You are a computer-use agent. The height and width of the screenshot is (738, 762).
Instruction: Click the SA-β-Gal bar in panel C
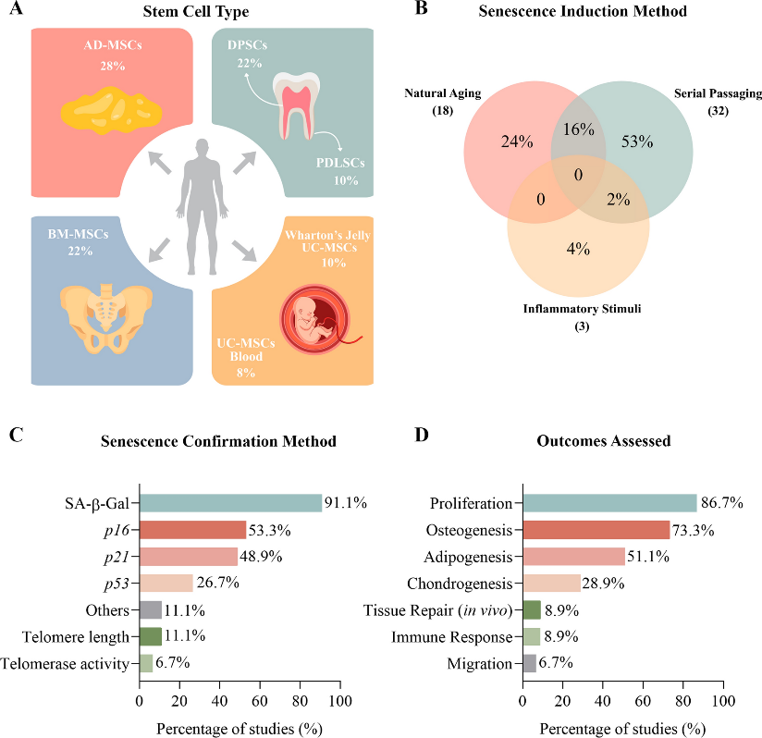pyautogui.click(x=231, y=503)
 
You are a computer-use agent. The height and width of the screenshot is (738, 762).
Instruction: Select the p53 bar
pyautogui.click(x=166, y=583)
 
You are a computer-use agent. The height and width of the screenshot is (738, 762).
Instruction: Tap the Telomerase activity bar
pyautogui.click(x=146, y=663)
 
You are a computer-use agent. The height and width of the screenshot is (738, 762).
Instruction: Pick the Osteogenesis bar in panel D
pyautogui.click(x=596, y=530)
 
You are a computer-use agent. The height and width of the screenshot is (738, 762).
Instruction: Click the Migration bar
pyautogui.click(x=530, y=663)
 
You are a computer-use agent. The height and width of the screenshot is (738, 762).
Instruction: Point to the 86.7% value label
pyautogui.click(x=721, y=503)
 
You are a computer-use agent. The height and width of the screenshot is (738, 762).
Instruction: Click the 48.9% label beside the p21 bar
pyautogui.click(x=261, y=557)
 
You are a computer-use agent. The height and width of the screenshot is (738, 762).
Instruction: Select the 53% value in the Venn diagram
pyautogui.click(x=637, y=141)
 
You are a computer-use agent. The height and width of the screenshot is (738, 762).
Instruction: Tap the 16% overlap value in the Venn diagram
pyautogui.click(x=578, y=129)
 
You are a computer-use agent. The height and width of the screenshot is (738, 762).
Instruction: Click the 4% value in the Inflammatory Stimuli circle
pyautogui.click(x=578, y=249)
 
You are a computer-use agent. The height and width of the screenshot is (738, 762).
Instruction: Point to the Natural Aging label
pyautogui.click(x=443, y=93)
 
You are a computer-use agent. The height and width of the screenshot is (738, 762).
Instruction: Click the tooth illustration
pyautogui.click(x=296, y=105)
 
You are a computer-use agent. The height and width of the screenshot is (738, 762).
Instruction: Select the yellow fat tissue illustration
pyautogui.click(x=111, y=111)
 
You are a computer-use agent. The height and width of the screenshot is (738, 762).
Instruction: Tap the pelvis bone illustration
pyautogui.click(x=106, y=319)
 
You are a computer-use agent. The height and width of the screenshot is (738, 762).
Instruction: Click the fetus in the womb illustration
pyautogui.click(x=315, y=319)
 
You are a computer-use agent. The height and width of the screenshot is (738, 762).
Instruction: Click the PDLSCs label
pyautogui.click(x=340, y=163)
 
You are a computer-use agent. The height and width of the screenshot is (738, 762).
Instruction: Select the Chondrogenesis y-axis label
pyautogui.click(x=460, y=584)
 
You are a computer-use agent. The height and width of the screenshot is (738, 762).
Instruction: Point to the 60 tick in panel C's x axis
pyautogui.click(x=260, y=701)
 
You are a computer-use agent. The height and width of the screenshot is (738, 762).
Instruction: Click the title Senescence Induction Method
pyautogui.click(x=583, y=11)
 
